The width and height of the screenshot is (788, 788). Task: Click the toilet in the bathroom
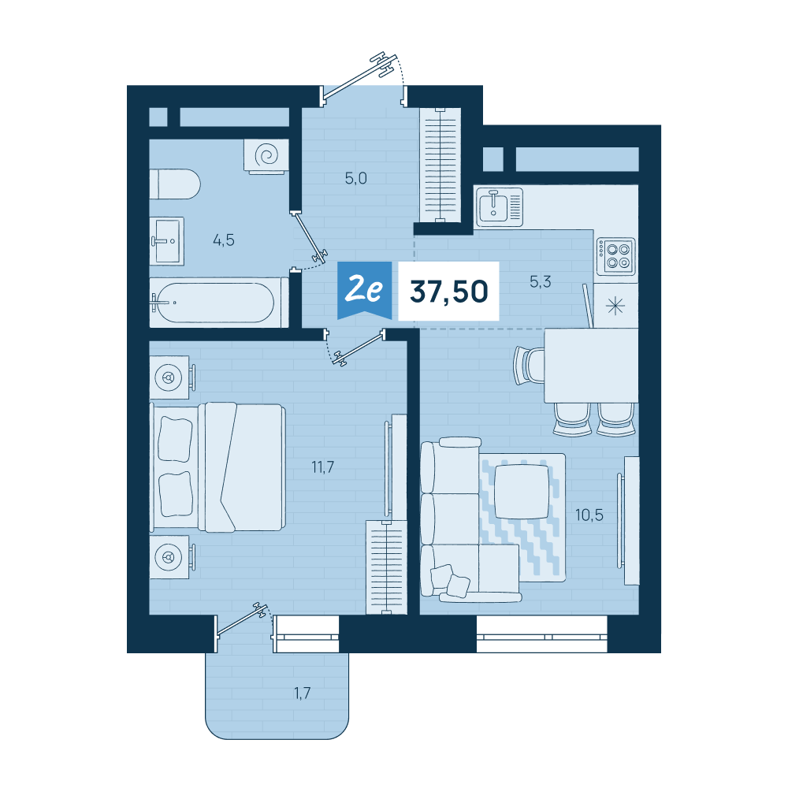(175, 184)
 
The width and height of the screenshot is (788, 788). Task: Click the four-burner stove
(616, 256)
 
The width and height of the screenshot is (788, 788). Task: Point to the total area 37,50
(449, 292)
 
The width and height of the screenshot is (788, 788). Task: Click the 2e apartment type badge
(364, 291)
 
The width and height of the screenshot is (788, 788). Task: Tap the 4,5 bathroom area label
(224, 240)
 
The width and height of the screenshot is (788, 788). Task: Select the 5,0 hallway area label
(356, 178)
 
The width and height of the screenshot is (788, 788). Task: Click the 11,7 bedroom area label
(322, 467)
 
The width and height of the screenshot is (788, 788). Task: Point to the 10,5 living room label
(589, 515)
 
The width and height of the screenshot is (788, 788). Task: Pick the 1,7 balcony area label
(302, 693)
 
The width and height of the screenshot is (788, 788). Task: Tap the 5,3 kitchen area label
(541, 282)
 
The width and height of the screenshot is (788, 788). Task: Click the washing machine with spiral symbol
(266, 156)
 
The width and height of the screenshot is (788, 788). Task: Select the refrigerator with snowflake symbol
(615, 306)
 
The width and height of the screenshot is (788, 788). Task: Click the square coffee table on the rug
(522, 492)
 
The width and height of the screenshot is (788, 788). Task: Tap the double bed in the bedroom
(217, 466)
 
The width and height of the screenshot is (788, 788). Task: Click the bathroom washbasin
(167, 241)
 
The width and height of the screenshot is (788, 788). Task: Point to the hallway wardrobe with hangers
(440, 165)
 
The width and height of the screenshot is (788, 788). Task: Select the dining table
(591, 366)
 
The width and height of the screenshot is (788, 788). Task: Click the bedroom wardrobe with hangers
(386, 567)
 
